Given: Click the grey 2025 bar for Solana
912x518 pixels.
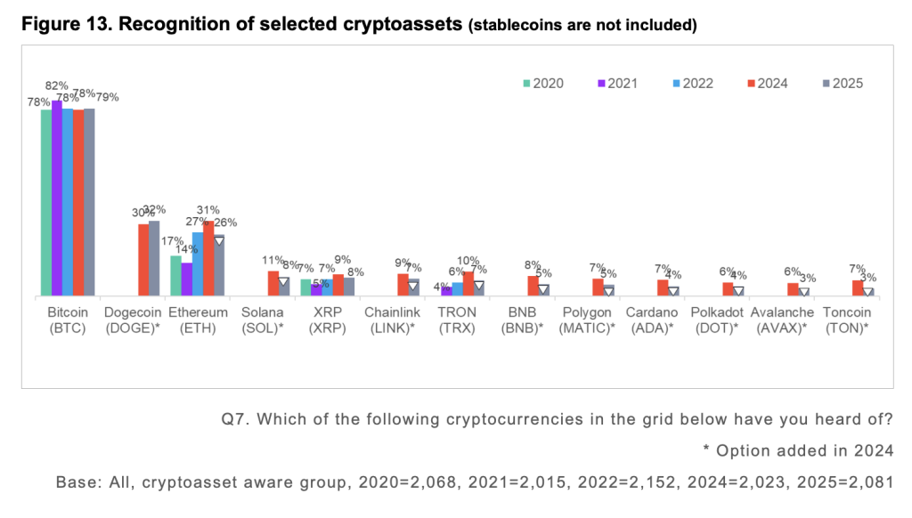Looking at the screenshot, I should (x=284, y=286).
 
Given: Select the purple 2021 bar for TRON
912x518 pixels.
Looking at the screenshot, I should (x=446, y=291).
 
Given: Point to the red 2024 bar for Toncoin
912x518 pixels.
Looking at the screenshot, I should (x=858, y=287).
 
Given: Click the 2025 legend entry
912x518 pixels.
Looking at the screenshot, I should (x=841, y=83).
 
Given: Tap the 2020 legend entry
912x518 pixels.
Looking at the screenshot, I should (x=542, y=83).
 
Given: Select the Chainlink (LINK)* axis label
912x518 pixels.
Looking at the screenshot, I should (x=392, y=320).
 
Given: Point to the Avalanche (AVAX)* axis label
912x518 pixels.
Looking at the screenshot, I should (x=781, y=320).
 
